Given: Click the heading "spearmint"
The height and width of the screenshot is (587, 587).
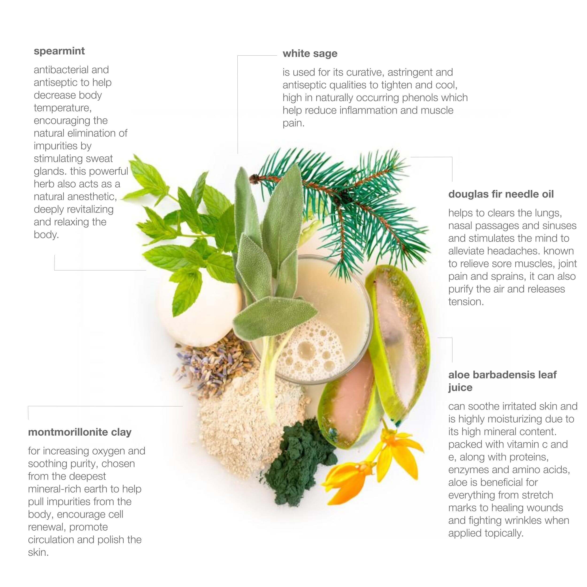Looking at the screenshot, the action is [59, 51].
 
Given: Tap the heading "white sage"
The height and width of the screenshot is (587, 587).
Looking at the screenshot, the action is [310, 54].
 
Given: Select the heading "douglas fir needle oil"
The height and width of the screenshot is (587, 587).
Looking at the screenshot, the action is [501, 194].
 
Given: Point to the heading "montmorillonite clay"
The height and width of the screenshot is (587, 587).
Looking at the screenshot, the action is [80, 432].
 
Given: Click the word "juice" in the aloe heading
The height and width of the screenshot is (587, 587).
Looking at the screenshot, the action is [460, 388].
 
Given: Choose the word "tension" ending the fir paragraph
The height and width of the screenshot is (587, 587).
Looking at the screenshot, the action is [466, 302].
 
